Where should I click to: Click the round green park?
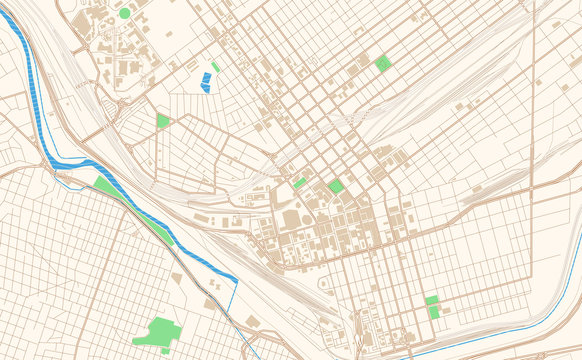[x=125, y=13]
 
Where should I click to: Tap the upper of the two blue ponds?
[x=207, y=76]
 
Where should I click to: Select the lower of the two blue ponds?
[x=205, y=86]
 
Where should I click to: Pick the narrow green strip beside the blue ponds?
[x=216, y=68]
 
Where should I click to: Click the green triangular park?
[x=162, y=121]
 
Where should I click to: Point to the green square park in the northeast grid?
[x=382, y=63]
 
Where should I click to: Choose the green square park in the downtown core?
[x=335, y=186]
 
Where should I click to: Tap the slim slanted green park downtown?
[x=300, y=183]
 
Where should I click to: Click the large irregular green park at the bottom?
[x=157, y=332]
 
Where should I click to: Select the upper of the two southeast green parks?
[x=431, y=300]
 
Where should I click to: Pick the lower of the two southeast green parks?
[x=435, y=313]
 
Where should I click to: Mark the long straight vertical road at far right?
[x=532, y=120]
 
